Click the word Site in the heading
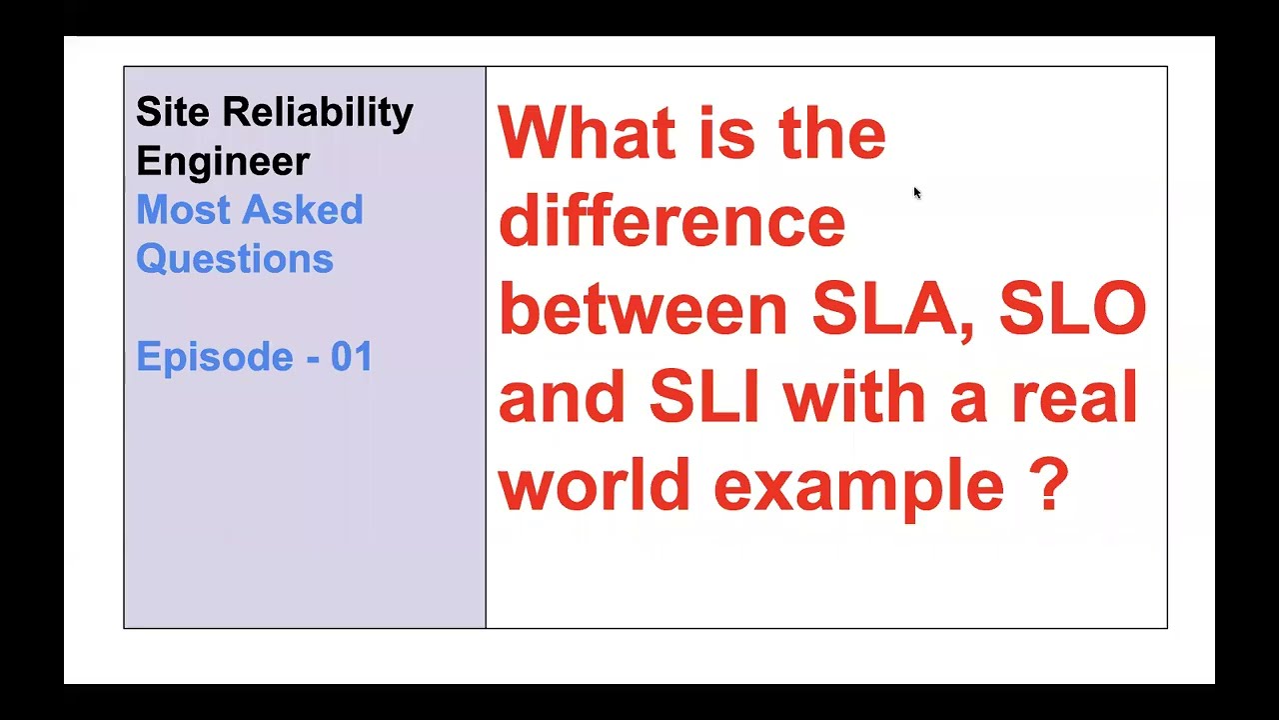point(172,112)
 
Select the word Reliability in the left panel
point(318,114)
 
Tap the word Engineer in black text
point(223,162)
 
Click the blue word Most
point(179,210)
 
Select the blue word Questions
point(235,259)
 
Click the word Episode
point(213,357)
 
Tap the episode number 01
point(352,357)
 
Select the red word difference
point(671,221)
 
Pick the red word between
point(643,309)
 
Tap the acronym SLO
point(1072,309)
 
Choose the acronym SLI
point(704,397)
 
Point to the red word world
point(595,485)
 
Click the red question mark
point(1048,485)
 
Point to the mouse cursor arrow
point(916,192)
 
